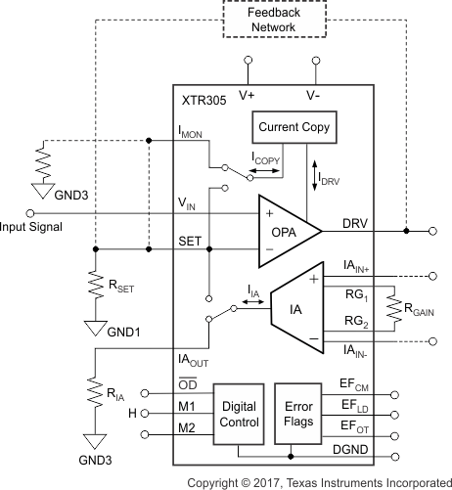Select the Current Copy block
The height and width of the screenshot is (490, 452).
coord(294,127)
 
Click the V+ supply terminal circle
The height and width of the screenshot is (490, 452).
coord(247,61)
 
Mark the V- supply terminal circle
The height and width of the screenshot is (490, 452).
coord(315,61)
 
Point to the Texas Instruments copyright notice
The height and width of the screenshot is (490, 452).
coord(319,481)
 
